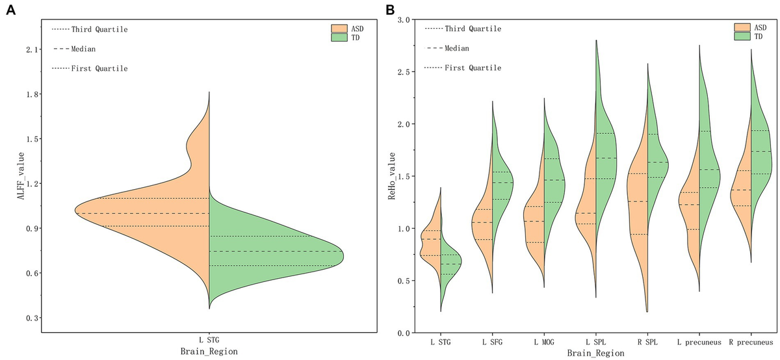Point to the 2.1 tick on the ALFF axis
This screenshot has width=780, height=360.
tap(32, 49)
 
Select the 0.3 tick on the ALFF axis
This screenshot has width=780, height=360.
tap(32, 318)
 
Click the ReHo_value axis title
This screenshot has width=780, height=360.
tap(391, 176)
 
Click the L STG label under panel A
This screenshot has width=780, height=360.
tap(209, 339)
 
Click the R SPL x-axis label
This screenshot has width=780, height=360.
tap(647, 341)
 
